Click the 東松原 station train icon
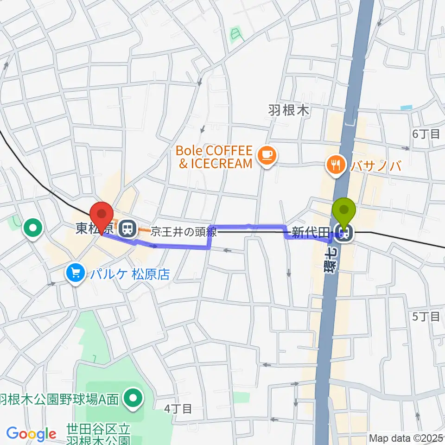[126, 228]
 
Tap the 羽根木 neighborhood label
[288, 110]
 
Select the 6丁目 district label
[426, 134]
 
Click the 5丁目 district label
[426, 317]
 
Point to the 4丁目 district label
[178, 408]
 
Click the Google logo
[31, 434]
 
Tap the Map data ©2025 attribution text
[406, 438]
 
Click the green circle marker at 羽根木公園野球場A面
[134, 398]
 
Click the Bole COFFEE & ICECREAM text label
[214, 157]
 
